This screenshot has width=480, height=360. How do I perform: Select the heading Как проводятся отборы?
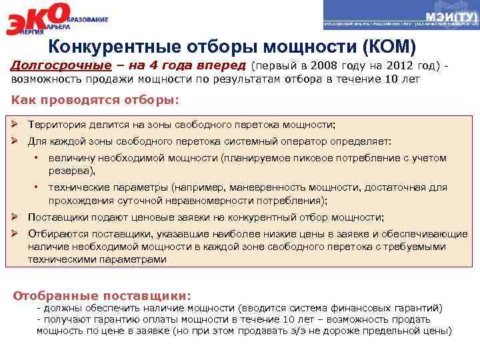point(96,100)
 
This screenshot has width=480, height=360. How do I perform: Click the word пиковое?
point(323,159)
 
